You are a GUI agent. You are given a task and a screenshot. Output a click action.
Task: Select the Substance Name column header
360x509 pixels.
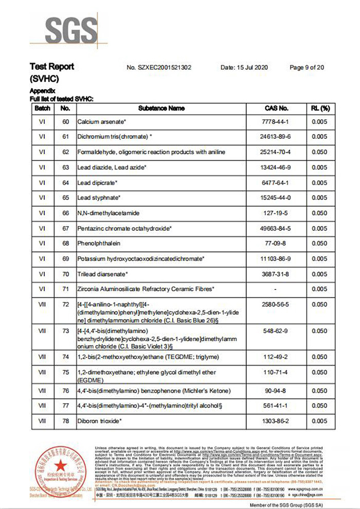coord(161,108)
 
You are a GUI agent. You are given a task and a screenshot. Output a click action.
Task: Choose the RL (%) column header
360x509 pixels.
coord(319,108)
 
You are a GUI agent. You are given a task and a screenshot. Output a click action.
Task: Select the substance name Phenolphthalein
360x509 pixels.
coord(97,243)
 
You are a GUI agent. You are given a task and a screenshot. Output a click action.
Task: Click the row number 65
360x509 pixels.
coord(65,197)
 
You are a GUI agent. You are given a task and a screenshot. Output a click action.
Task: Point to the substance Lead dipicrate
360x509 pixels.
coord(98,183)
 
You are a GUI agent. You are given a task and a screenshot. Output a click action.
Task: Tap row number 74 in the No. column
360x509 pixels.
coord(65,357)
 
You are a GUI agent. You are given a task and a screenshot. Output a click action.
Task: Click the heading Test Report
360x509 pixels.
coord(52,66)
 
